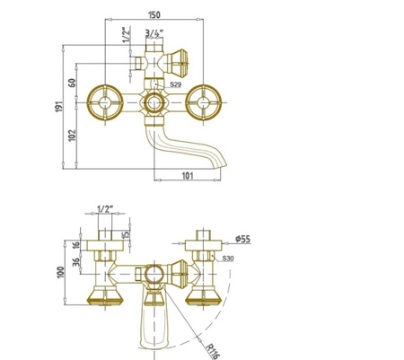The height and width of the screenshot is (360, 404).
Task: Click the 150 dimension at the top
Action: pos(154,14)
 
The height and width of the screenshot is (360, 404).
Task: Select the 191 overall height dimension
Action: pos(59,107)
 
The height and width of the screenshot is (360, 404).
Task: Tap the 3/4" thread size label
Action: pos(154,32)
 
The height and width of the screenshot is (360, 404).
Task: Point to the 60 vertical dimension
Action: pos(72,83)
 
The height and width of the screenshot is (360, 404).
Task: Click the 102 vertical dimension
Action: pos(72,136)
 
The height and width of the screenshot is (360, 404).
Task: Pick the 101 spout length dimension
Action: pos(188,176)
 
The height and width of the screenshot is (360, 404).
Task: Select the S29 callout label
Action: pos(176,84)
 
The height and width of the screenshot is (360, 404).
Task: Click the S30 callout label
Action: pos(228,259)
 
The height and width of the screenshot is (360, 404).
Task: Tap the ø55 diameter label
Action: pos(242,239)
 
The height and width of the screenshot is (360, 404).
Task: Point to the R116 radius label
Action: pos(213,351)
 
